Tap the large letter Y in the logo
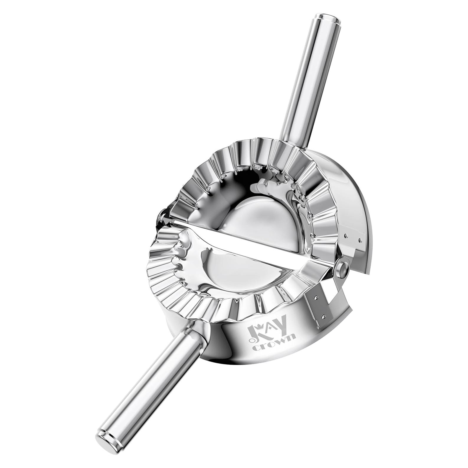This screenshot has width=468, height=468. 281,327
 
